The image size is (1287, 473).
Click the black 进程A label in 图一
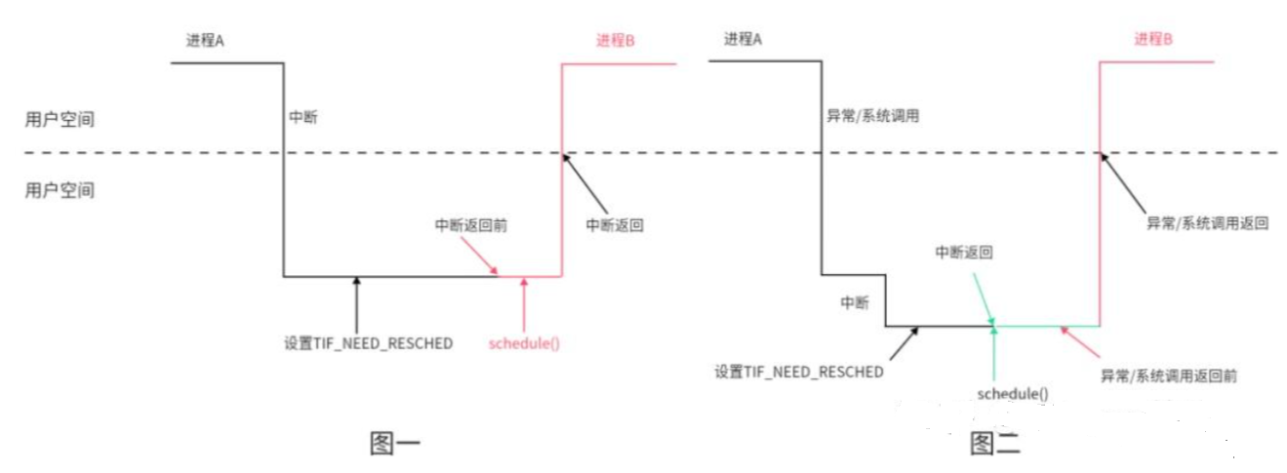pyautogui.click(x=205, y=40)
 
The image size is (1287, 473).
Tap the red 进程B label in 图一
pyautogui.click(x=616, y=40)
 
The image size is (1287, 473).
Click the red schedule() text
pyautogui.click(x=525, y=343)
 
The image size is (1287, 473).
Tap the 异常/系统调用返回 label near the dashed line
pyautogui.click(x=1207, y=222)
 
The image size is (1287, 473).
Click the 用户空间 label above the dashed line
pyautogui.click(x=60, y=120)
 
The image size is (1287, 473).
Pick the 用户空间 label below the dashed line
pyautogui.click(x=60, y=190)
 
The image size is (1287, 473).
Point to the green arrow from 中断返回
pyautogui.click(x=983, y=297)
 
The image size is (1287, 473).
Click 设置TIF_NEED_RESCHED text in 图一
pyautogui.click(x=368, y=343)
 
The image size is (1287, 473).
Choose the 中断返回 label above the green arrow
pyautogui.click(x=964, y=252)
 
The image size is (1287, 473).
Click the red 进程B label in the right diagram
pyautogui.click(x=1153, y=40)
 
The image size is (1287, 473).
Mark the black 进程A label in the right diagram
pyautogui.click(x=743, y=40)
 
